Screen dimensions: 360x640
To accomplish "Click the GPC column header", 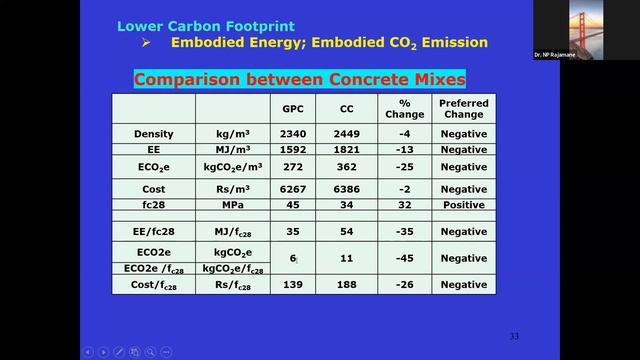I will point(293,108).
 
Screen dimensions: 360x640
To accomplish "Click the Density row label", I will point(153,133).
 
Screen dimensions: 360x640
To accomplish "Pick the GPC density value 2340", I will point(293,133).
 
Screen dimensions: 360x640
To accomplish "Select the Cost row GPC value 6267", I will point(293,189).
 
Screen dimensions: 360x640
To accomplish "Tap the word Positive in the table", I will point(463,206).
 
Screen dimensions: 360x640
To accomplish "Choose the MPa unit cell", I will point(233,206).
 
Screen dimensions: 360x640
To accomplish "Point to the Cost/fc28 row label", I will point(153,285).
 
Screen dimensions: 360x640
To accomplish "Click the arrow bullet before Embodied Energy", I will point(146,42).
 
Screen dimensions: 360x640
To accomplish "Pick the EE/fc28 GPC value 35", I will point(293,230).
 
